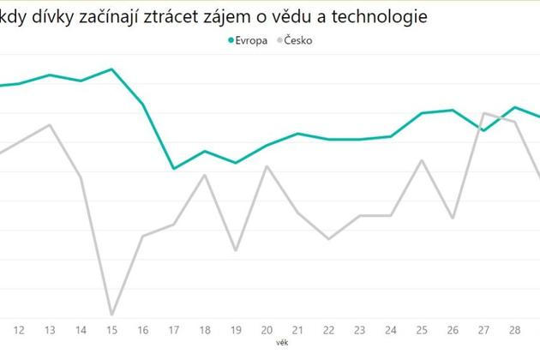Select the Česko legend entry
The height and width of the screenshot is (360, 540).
coord(297,39)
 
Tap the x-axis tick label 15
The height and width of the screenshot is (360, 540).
coord(111,329)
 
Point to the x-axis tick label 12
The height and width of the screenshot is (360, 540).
coord(19,329)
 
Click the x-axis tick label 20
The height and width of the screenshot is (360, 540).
coord(267,329)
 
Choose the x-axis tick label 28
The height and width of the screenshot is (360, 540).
coord(515,329)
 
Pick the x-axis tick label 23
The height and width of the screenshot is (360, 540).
coord(360,329)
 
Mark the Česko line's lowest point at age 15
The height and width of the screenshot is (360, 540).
coord(111,315)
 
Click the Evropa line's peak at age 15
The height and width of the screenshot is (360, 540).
coord(111,69)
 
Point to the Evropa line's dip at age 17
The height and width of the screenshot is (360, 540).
coord(173,169)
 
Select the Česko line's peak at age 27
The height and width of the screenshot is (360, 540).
coord(484,113)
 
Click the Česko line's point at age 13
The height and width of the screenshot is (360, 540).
coord(50,124)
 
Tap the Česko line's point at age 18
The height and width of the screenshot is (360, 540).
coord(205,175)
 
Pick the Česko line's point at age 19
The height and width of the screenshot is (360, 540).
coord(236,250)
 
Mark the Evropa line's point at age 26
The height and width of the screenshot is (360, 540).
coord(453,110)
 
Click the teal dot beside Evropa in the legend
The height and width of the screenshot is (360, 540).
coord(231,39)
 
